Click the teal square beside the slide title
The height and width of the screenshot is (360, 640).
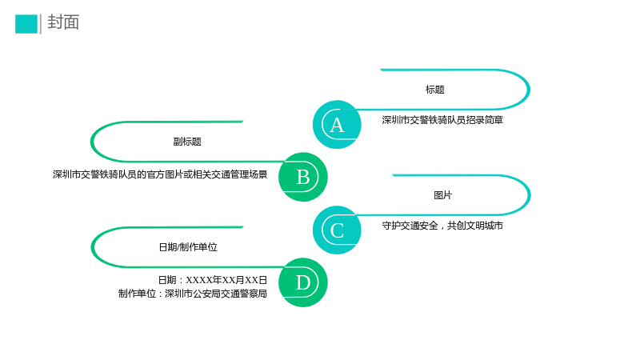tap(26, 24)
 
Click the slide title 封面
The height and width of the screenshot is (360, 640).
tap(63, 22)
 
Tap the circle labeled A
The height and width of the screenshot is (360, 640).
tap(337, 125)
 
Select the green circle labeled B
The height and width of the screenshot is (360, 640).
tap(303, 177)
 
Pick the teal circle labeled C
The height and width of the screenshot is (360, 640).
tap(337, 230)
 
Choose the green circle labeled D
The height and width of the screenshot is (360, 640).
tap(303, 282)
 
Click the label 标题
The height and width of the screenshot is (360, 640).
tap(434, 90)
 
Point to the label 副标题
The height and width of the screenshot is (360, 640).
tap(187, 142)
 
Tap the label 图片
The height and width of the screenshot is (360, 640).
tap(442, 195)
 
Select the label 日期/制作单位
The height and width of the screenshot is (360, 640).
tap(188, 247)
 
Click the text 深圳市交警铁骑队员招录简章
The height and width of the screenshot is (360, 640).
tap(442, 120)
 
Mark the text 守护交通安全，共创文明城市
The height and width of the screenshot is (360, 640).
tap(442, 226)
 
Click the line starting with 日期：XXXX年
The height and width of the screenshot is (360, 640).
tap(213, 280)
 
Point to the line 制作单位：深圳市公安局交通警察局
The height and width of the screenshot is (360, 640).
tap(193, 294)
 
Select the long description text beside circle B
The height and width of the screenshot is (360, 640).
tap(160, 174)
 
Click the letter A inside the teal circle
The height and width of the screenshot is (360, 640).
tap(337, 125)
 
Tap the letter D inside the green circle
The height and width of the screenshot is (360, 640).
tap(303, 282)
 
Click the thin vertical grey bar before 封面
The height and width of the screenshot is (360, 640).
tap(41, 24)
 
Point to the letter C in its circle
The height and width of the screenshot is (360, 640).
tap(337, 230)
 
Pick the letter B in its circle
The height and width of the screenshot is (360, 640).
tap(303, 177)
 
